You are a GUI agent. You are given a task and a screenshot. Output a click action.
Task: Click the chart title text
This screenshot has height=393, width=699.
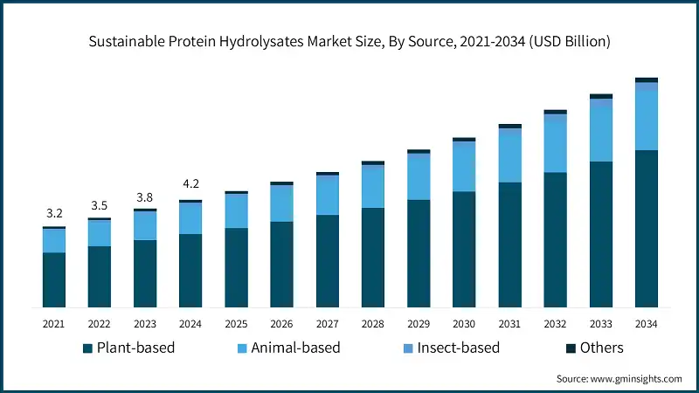[349, 40]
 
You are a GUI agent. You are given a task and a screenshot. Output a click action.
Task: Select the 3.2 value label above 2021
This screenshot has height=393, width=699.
[54, 213]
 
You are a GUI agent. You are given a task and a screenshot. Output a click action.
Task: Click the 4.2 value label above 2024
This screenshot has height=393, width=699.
[190, 184]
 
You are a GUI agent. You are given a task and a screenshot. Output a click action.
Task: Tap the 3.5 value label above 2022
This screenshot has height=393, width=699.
[100, 205]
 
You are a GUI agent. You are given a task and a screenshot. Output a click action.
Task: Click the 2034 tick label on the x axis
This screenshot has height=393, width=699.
[646, 324]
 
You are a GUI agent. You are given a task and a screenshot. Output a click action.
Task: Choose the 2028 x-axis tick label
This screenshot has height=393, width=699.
[373, 324]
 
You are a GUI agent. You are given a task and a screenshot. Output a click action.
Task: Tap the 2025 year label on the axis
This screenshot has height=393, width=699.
[236, 324]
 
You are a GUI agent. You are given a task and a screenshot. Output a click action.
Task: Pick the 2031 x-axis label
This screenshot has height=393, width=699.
[509, 324]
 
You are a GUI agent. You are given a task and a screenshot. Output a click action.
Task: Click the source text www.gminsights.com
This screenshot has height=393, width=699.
[619, 378]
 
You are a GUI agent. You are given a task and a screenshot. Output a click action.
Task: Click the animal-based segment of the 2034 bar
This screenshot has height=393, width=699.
[646, 121]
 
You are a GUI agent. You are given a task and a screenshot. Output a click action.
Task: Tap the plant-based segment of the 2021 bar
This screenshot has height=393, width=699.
[54, 279]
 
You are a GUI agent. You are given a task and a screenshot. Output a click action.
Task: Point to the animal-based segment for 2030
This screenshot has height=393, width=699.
[464, 167]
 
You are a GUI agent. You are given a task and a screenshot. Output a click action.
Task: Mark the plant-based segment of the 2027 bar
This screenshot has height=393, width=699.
[328, 261]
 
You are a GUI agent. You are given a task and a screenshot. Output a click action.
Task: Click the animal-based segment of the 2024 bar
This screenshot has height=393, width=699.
[190, 218]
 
